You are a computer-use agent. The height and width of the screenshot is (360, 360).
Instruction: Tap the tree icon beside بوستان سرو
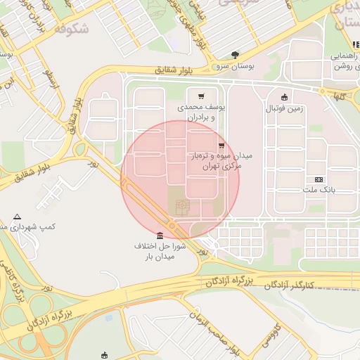[234, 54]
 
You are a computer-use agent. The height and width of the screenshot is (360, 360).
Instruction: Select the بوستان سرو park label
[235, 67]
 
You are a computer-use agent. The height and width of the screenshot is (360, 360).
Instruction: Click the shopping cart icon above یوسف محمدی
[202, 95]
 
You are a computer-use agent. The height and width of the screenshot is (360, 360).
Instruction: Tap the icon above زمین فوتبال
[284, 98]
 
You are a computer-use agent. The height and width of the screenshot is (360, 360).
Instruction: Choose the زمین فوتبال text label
[284, 109]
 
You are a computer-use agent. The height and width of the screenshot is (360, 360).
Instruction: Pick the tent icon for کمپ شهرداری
[18, 217]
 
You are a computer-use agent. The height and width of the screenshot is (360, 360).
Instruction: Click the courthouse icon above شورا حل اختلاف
[160, 235]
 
